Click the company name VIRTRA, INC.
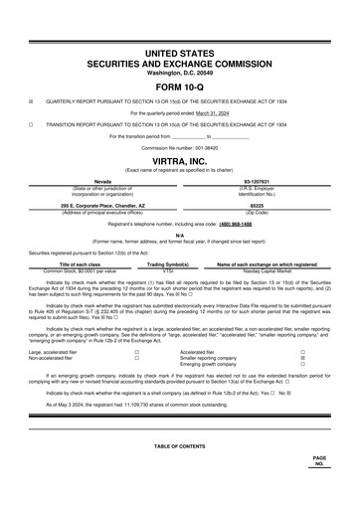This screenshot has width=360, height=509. (x=179, y=159)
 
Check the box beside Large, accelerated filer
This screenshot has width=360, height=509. (x=135, y=352)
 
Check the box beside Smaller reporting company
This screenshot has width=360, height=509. (x=302, y=358)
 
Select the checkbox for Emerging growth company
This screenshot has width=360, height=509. (x=302, y=365)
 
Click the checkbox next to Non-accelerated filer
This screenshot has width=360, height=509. (x=135, y=358)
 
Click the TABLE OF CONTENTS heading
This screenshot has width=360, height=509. (x=179, y=446)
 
